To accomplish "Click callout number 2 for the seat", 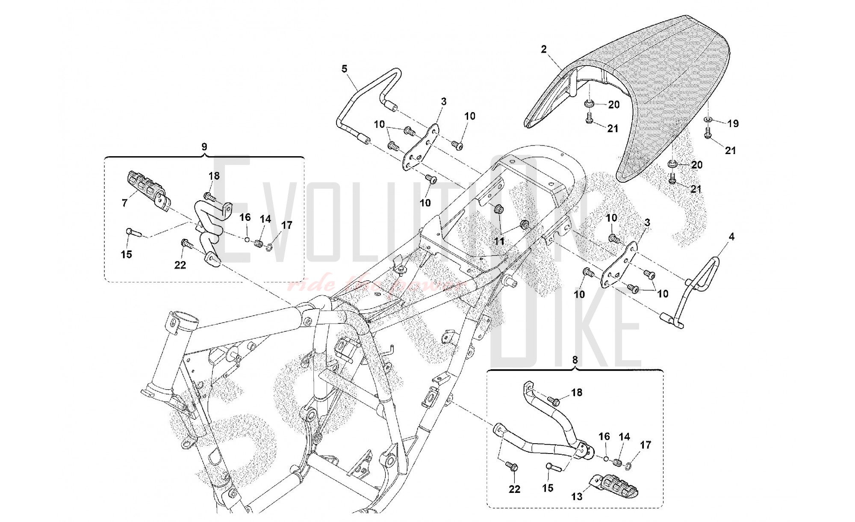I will click(x=543, y=49).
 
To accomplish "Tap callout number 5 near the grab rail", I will click(x=345, y=68).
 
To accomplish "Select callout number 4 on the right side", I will click(x=731, y=236).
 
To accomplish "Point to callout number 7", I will click(x=124, y=203).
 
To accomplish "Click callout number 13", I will click(x=577, y=497).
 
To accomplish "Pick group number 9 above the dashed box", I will click(x=204, y=147).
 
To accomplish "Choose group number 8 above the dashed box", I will click(x=575, y=360).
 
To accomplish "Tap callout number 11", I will click(x=499, y=242).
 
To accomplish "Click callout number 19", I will click(x=733, y=124).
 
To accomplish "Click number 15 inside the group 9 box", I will click(x=126, y=255).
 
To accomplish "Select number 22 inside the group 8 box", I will click(x=514, y=489).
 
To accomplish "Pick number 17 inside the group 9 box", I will click(x=287, y=225).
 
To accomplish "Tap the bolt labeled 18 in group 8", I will click(x=555, y=401).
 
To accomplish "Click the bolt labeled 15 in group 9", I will click(x=132, y=233).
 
